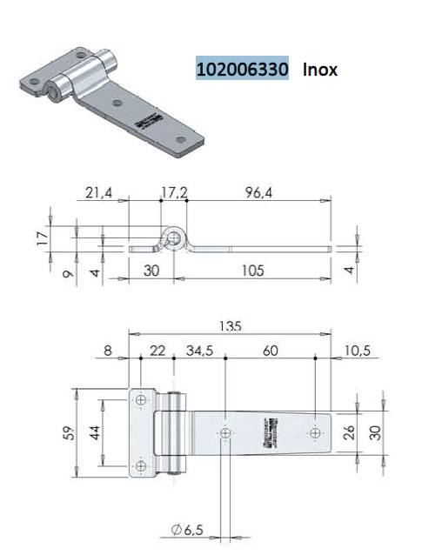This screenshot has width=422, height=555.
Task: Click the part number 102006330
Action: [242, 69]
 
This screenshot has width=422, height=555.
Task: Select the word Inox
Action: [320, 69]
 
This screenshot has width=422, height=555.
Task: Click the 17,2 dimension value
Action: [176, 193]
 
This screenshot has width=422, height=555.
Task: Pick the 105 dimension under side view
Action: [254, 271]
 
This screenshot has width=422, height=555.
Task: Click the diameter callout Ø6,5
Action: [188, 528]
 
